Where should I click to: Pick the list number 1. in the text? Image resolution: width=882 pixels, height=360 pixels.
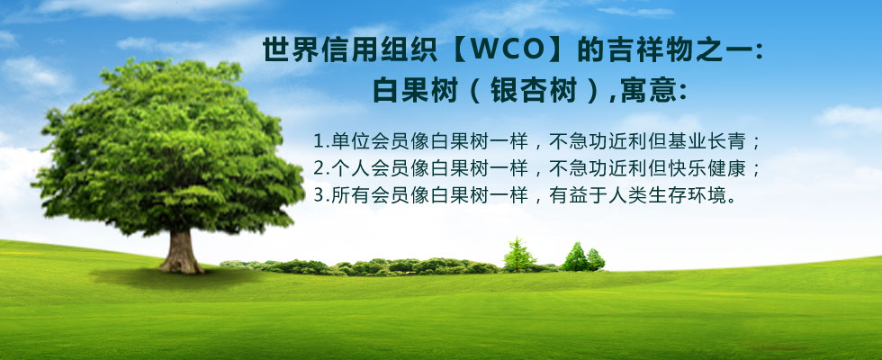pos(321,141)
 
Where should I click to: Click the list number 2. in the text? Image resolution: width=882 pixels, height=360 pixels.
pos(321,168)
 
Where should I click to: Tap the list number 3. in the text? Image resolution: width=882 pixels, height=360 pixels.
pos(321,194)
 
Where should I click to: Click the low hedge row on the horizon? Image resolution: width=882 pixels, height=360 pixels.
pos(360,266)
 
